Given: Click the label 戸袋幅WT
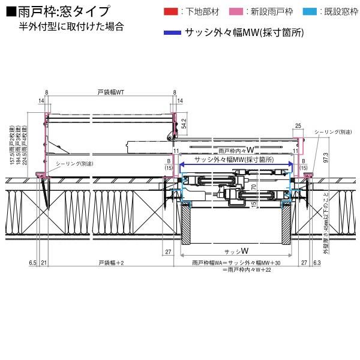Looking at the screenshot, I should point(110,92).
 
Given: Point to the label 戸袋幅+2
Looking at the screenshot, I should point(110,263).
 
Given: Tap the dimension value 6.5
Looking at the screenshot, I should point(32,263).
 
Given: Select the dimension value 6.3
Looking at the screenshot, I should point(316,263).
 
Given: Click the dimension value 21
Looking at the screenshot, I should point(44,263).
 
